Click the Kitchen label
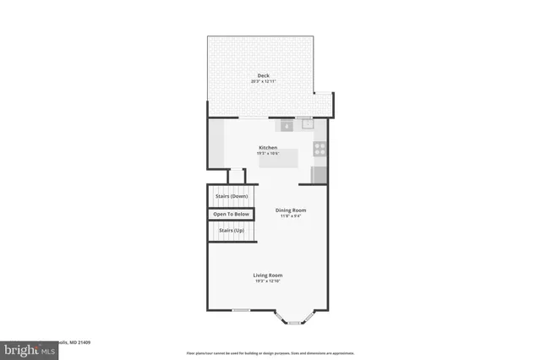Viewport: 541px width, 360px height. pos(268,148)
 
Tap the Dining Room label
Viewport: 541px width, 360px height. pos(291,210)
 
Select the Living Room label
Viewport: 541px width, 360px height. pos(268,275)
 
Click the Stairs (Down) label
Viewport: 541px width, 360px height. pos(232,196)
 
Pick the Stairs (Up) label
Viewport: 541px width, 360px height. pos(231,230)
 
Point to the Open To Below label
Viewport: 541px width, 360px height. pos(231,214)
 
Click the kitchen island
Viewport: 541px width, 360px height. pos(278,158)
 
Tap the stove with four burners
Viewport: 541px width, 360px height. pos(320,149)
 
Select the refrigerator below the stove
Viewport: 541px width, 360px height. pos(320,175)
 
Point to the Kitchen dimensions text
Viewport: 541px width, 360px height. pos(268,154)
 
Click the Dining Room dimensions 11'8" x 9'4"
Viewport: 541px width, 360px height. pos(291,216)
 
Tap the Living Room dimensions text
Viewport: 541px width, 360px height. pos(268,281)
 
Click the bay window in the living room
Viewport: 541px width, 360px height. pos(293,320)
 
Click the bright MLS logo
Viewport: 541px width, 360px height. pos(25,349)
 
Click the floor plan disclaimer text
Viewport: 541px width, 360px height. pos(270,352)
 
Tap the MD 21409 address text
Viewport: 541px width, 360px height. pos(78,342)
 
